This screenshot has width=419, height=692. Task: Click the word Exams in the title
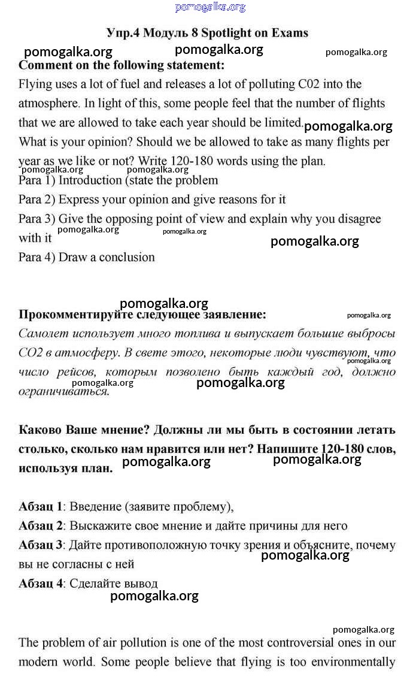[x=288, y=33]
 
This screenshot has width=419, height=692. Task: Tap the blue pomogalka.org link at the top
[x=210, y=7]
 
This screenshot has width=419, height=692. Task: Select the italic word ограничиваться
[x=63, y=392]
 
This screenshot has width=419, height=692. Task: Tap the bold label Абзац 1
[x=41, y=507]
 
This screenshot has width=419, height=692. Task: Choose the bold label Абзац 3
[x=41, y=545]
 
